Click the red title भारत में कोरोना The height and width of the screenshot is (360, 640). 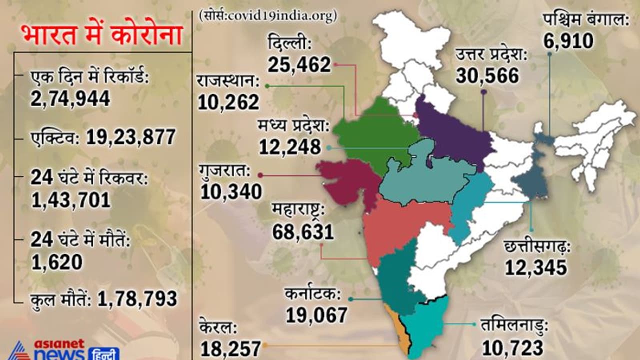click(x=101, y=36)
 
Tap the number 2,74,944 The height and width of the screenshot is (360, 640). click(x=70, y=98)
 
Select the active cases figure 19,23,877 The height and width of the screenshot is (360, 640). click(x=131, y=136)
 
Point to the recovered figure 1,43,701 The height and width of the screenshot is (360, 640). click(x=70, y=199)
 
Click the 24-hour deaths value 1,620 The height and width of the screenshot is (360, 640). click(x=56, y=261)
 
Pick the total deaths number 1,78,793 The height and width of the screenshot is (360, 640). click(x=137, y=298)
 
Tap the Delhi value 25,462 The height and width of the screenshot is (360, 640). click(x=299, y=64)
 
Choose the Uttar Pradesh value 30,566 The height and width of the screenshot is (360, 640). click(x=487, y=75)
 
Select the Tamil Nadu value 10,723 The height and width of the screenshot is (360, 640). click(x=512, y=346)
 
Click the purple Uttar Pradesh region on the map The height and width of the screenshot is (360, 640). click(x=452, y=135)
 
